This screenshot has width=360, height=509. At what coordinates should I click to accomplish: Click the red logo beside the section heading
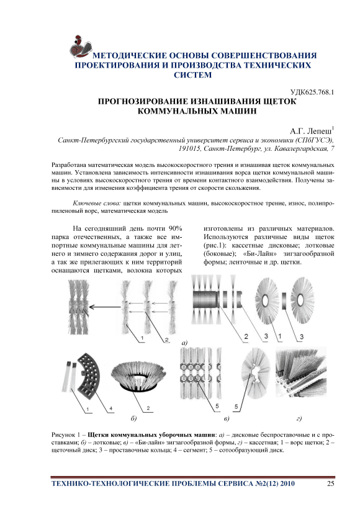click(x=80, y=47)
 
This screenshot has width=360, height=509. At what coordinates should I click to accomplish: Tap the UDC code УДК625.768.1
click(x=312, y=92)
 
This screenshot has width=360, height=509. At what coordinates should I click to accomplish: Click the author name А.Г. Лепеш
click(x=311, y=131)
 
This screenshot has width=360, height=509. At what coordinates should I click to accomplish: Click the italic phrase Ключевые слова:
click(x=97, y=204)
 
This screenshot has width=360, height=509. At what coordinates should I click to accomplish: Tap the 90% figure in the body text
click(x=175, y=228)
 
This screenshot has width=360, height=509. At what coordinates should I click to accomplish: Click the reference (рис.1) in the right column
click(x=216, y=245)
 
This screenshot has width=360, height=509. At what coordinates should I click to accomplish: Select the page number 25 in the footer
click(x=330, y=484)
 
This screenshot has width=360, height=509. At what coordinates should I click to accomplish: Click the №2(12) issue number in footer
click(x=266, y=484)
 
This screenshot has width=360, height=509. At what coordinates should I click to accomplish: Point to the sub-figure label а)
click(x=185, y=343)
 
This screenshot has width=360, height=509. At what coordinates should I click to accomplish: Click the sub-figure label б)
click(x=133, y=418)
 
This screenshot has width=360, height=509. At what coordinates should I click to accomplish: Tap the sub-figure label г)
click(x=299, y=418)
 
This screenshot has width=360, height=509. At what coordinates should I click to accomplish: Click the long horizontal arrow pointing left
click(x=105, y=307)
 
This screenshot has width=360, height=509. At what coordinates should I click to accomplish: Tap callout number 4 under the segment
click(x=110, y=408)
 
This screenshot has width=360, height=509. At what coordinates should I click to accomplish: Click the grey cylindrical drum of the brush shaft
click(x=206, y=299)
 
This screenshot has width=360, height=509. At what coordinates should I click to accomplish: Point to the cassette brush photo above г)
click(x=300, y=372)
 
